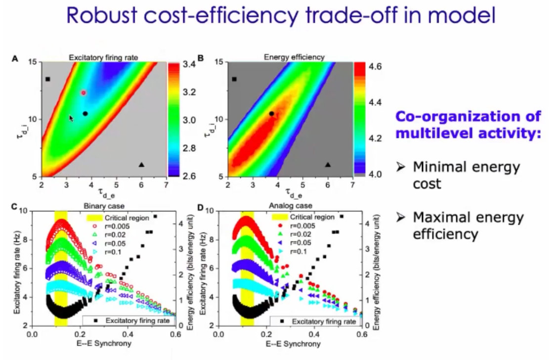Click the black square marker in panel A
coord(47,79)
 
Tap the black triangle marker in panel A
coord(142,165)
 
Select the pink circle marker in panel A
coord(84,92)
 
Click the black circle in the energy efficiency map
coord(271,114)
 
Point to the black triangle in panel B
coord(328,165)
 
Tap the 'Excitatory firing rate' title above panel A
coord(103,57)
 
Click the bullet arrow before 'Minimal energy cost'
coord(401,168)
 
